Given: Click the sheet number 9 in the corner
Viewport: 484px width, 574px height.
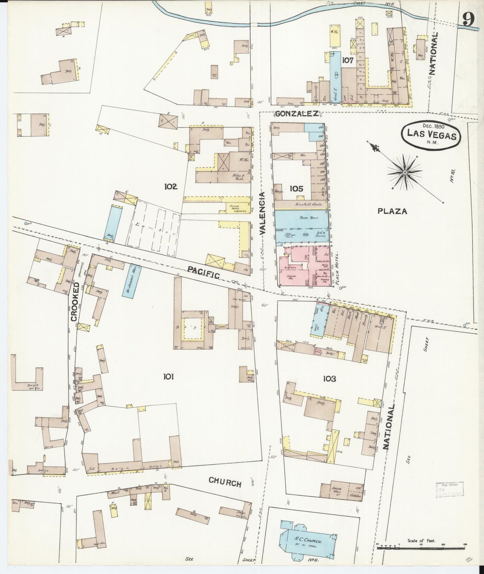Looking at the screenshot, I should tap(468, 20).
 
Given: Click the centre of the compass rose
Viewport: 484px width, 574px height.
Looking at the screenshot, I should tap(405, 172).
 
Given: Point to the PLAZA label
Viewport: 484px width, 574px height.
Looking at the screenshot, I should tap(392, 211).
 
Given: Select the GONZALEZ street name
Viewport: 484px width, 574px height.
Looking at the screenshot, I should tap(296, 114).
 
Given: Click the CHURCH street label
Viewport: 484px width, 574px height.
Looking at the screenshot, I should tap(225, 483).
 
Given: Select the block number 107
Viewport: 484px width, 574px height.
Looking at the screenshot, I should tap(348, 61).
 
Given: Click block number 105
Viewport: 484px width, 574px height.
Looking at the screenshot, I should tap(296, 189).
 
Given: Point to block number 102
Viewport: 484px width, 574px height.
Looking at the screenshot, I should tap(170, 187).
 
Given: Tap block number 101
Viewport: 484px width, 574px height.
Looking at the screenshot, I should tap(168, 377).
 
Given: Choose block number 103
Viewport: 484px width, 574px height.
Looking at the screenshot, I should tap(329, 379).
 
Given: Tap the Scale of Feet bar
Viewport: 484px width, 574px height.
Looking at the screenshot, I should tap(420, 547).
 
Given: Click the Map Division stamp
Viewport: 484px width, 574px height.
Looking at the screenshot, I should tap(450, 489).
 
